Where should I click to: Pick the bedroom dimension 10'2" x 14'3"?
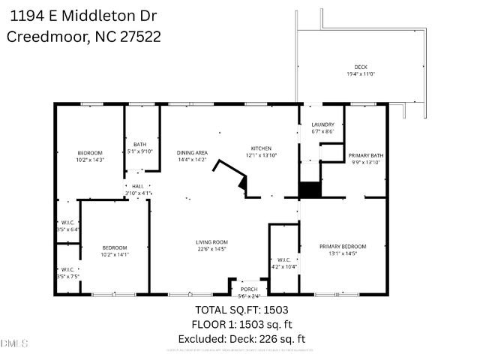[x=90, y=159]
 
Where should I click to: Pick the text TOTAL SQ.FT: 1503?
[x=241, y=309]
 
